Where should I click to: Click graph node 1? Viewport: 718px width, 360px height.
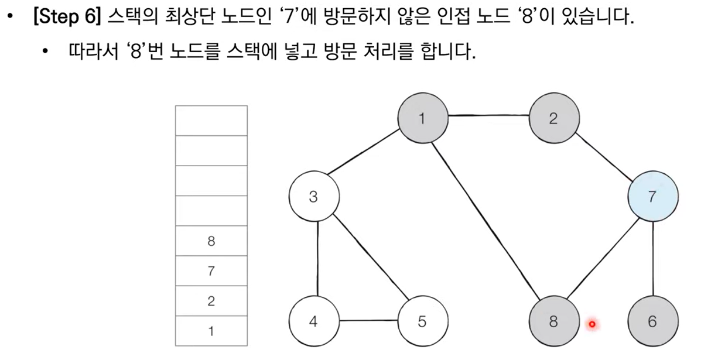(x=422, y=119)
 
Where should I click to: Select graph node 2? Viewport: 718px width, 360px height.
(x=553, y=119)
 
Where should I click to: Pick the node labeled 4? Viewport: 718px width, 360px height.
(x=313, y=321)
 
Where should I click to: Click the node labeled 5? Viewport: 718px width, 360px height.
(x=422, y=321)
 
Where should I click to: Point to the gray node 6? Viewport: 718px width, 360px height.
(x=652, y=321)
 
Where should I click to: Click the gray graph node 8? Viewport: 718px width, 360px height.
(x=553, y=321)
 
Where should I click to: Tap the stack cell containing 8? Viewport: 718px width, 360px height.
(x=211, y=241)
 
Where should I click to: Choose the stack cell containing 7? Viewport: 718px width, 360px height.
(x=211, y=271)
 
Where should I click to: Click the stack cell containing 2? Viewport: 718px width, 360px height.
(x=211, y=301)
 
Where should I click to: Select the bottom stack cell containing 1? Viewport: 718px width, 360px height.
(x=211, y=331)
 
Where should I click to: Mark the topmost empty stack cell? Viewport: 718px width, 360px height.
(x=211, y=121)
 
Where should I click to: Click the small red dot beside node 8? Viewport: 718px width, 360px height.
(x=592, y=324)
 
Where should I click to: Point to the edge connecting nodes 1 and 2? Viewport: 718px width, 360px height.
(x=488, y=117)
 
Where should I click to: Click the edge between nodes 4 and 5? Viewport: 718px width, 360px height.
(x=368, y=321)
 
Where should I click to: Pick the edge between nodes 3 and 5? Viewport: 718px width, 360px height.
(x=368, y=259)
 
